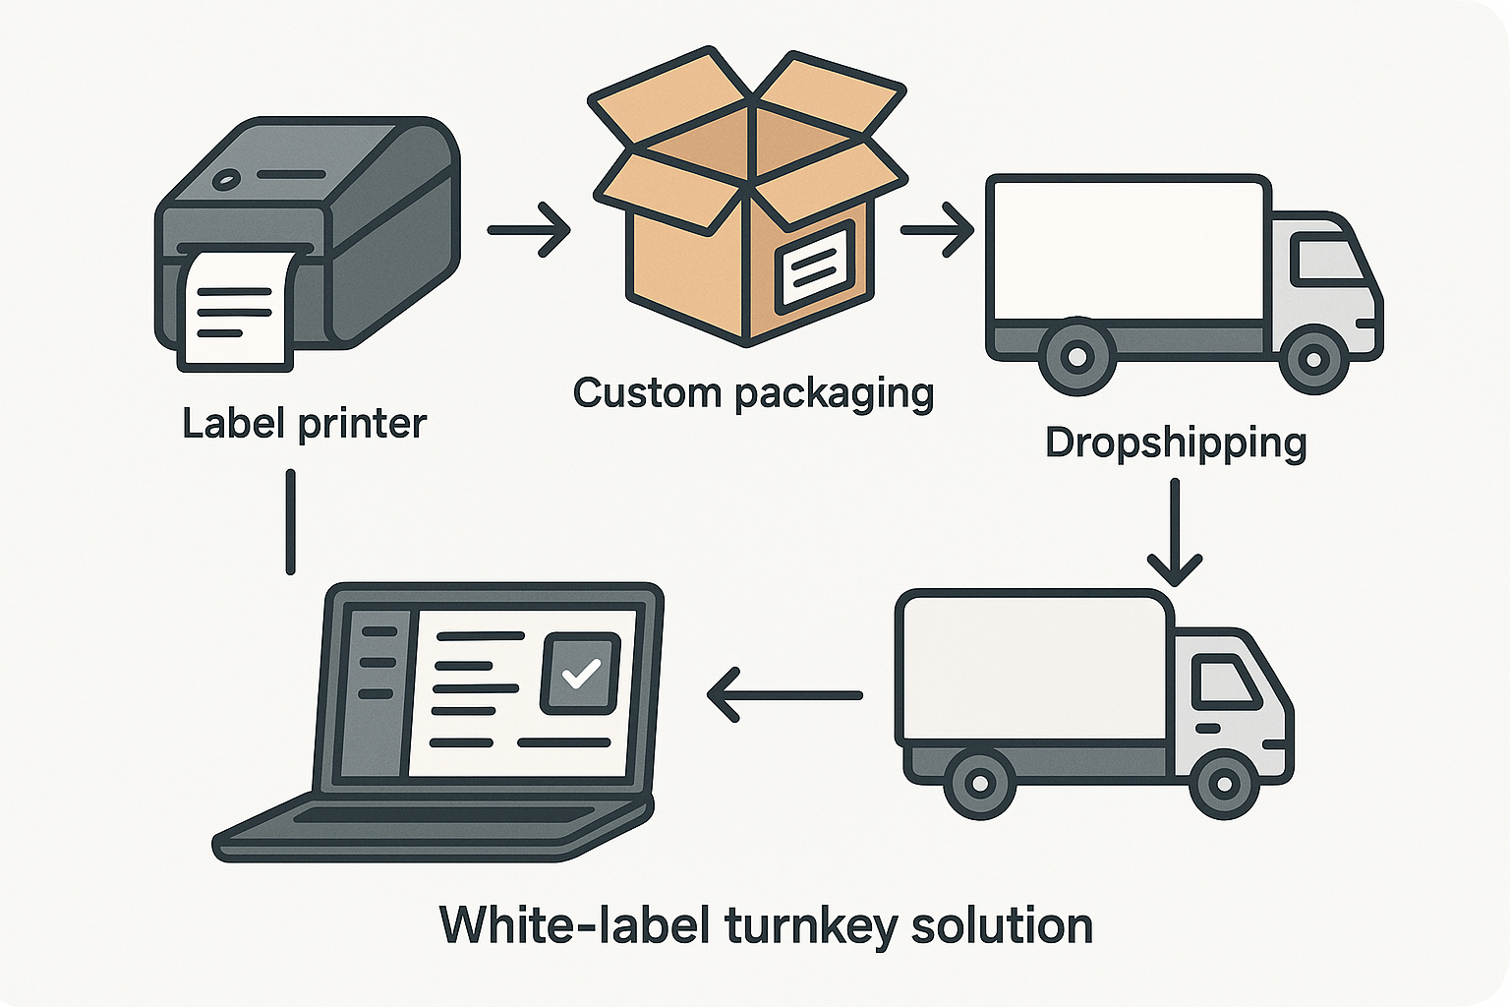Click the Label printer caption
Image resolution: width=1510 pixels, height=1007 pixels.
tap(304, 424)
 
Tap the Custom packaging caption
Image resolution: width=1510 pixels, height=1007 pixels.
tap(753, 393)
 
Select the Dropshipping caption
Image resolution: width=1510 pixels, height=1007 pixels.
tap(1176, 443)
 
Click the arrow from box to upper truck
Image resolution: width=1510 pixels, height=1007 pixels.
tap(937, 230)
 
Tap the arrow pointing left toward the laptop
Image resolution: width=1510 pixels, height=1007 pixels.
tap(784, 695)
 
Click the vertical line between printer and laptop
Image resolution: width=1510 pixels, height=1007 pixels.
tap(290, 521)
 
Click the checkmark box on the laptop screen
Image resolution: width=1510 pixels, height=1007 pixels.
tap(580, 674)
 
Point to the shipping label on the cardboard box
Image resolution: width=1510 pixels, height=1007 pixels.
tap(815, 263)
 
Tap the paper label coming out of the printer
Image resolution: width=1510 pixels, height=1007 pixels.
tap(236, 310)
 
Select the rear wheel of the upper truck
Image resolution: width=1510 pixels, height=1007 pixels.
tap(1076, 356)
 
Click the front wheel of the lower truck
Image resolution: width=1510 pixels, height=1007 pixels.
tap(1224, 784)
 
